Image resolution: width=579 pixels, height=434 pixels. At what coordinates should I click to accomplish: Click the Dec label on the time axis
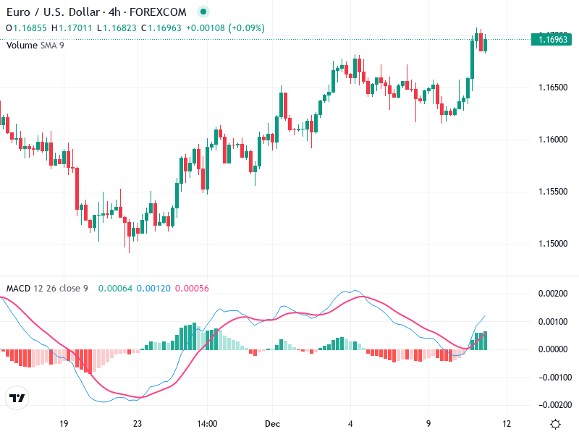[272, 423]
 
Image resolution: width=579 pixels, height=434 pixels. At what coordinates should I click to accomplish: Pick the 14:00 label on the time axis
[206, 423]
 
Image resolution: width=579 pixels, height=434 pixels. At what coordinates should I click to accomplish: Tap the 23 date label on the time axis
[138, 423]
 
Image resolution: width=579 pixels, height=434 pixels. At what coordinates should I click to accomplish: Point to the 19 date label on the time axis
[64, 423]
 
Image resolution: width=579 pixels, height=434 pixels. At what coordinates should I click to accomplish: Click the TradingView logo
[17, 399]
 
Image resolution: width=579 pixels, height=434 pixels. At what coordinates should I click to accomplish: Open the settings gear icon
[555, 424]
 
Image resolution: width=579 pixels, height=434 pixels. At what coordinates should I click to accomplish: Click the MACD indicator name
[18, 288]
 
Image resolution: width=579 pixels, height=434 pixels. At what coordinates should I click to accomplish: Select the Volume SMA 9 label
[35, 46]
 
